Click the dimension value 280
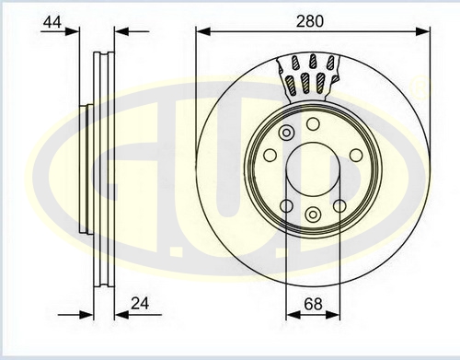tap(309, 22)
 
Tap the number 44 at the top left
tap(52, 22)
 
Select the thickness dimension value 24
tap(140, 304)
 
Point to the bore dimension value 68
tap(313, 304)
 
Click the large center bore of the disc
tap(313, 169)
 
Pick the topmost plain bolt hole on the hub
tap(313, 124)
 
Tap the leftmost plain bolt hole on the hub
tap(270, 156)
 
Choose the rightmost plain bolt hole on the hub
tap(356, 156)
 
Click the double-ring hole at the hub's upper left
tap(286, 133)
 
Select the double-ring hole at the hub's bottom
tap(313, 214)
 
